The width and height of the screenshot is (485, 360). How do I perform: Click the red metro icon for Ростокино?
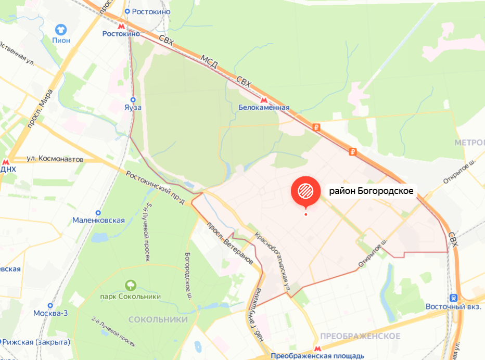pos(121,24)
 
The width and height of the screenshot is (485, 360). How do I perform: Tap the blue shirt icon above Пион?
pos(61,29)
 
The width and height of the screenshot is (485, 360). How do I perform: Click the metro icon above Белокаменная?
pos(263,99)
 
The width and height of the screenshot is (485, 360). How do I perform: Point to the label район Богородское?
pos(371,191)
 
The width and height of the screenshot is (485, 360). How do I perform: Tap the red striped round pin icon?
pos(305,191)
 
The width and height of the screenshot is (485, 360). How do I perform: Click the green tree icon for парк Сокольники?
pos(130,285)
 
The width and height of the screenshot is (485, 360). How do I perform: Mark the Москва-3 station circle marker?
pos(50,305)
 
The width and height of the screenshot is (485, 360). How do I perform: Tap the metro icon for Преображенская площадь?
pos(317,348)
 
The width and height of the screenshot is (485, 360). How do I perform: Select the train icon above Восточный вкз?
pos(453,298)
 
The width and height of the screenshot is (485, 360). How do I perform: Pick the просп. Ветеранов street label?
pos(229,242)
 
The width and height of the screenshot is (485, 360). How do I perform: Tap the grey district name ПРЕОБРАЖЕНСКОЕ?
pos(360,336)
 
